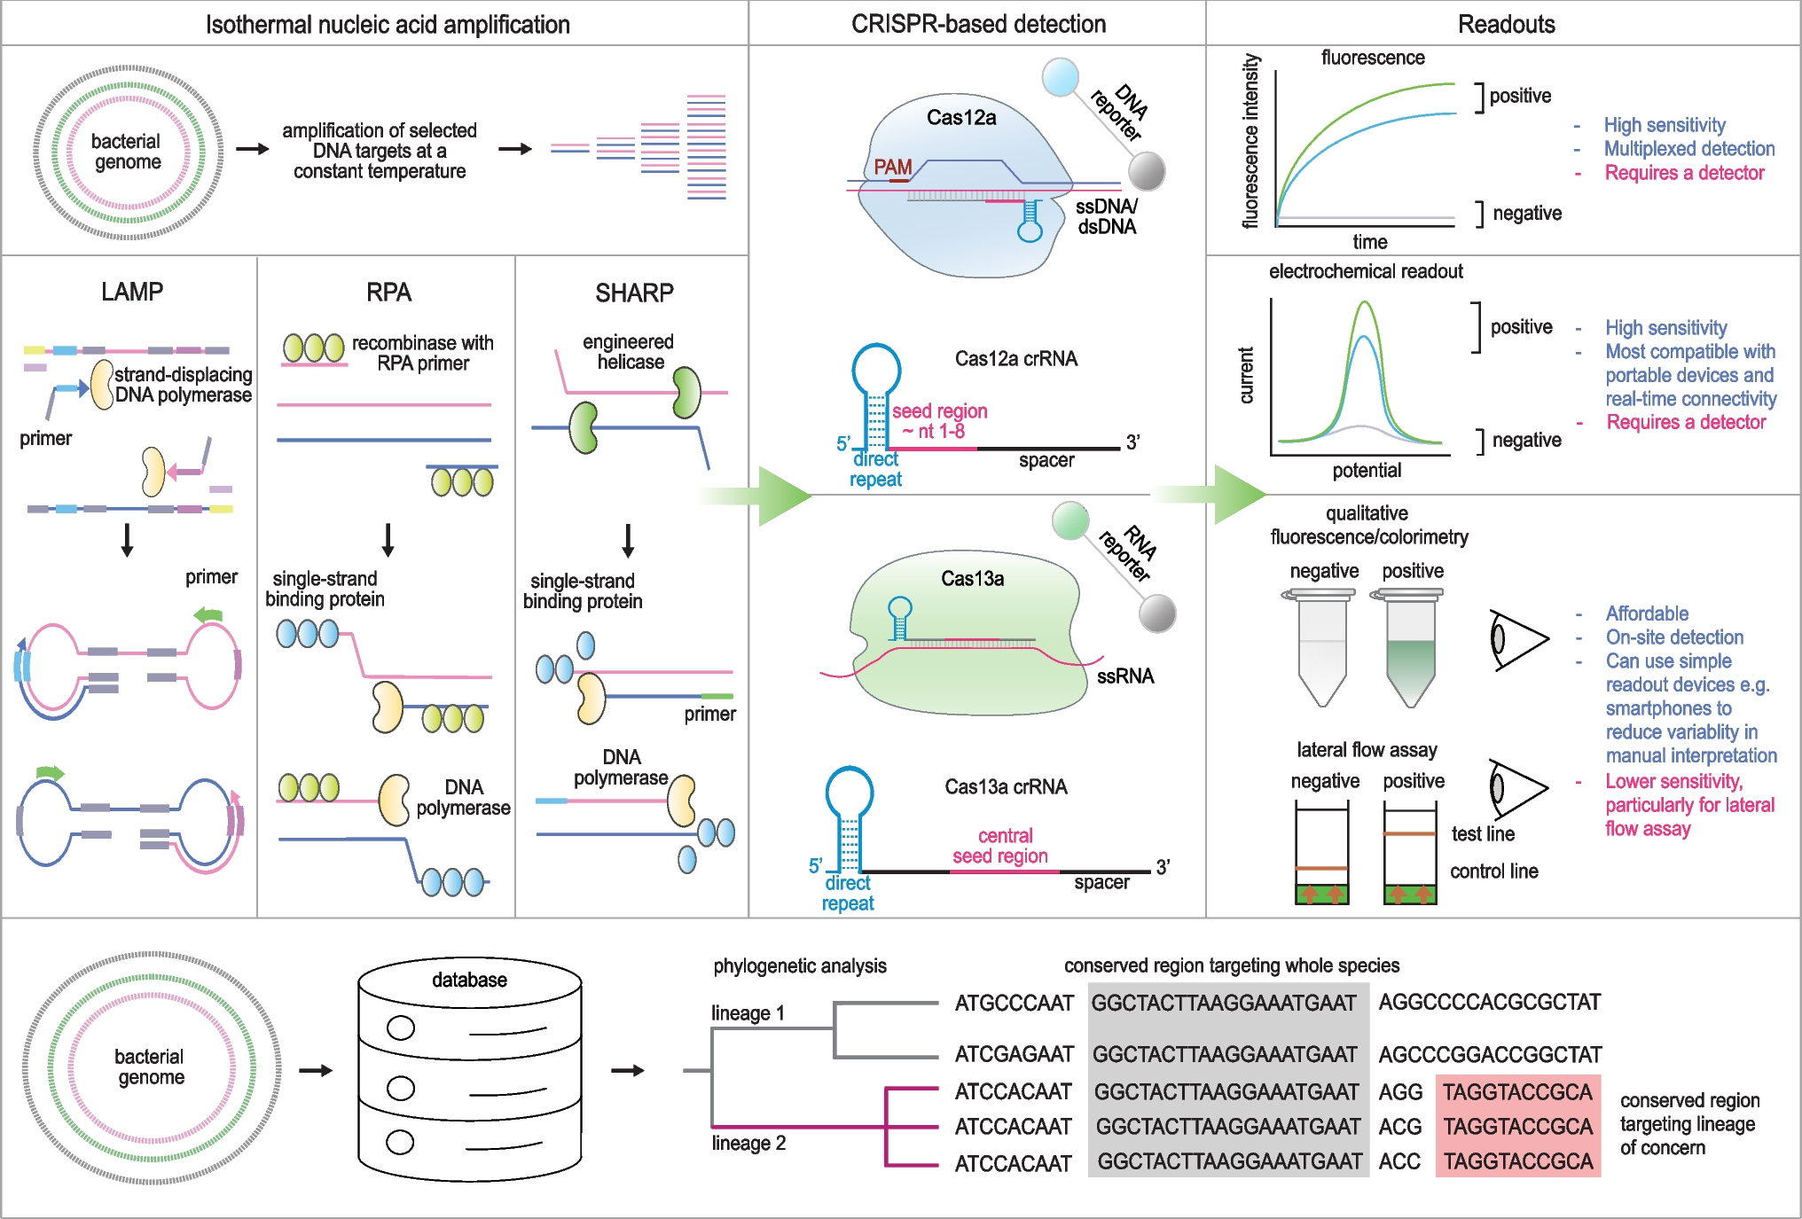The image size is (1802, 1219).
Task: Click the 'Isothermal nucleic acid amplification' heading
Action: click(388, 24)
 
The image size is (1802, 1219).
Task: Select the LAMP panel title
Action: click(132, 292)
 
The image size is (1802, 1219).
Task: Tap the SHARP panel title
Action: click(634, 293)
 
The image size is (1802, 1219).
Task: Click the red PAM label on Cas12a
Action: click(892, 167)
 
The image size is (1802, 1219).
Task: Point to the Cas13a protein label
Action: click(972, 579)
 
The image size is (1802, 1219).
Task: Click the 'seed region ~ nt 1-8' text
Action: click(939, 421)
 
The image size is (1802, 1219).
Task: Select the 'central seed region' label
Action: click(1001, 846)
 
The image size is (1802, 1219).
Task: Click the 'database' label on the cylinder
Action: click(469, 980)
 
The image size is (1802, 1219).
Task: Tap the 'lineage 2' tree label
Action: click(748, 1143)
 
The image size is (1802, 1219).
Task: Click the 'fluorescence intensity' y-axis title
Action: click(1250, 141)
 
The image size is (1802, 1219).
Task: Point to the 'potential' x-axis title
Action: click(1367, 471)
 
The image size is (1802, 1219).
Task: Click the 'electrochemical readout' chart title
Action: click(1366, 271)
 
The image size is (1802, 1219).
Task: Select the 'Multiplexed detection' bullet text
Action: click(1688, 149)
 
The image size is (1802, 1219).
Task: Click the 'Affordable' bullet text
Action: click(1647, 613)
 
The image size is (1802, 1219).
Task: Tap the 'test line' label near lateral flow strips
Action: click(1483, 834)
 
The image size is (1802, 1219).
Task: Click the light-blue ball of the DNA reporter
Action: click(1061, 77)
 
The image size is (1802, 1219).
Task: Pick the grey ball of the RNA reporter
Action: click(1157, 613)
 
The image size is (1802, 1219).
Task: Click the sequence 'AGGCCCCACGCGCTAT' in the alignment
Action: click(1489, 1002)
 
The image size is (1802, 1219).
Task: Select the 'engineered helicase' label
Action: click(629, 352)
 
